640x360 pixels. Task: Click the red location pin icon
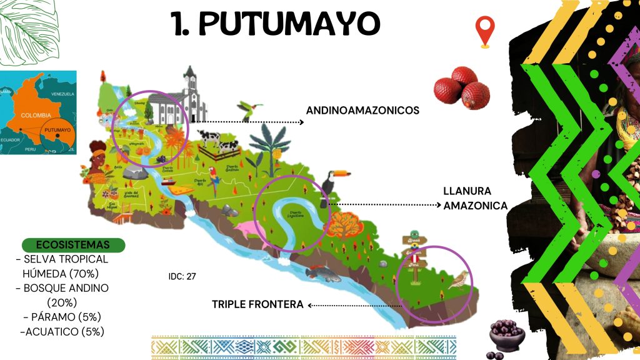(x=484, y=31)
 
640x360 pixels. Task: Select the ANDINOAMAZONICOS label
(x=362, y=111)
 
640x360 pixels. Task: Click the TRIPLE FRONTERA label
(x=257, y=304)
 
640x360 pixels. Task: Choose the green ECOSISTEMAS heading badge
(x=73, y=244)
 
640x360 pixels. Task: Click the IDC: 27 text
(x=182, y=275)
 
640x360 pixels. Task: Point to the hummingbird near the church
(x=248, y=110)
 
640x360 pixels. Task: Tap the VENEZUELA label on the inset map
(x=62, y=94)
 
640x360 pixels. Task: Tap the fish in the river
(x=322, y=273)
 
